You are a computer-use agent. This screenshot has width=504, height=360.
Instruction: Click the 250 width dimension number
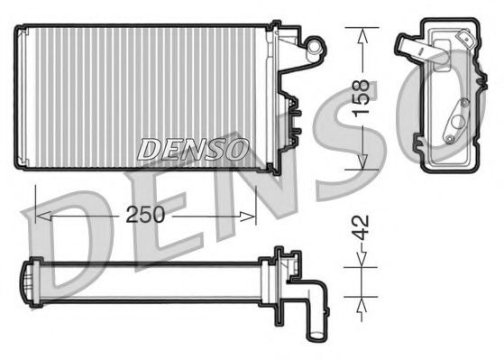coord(145,217)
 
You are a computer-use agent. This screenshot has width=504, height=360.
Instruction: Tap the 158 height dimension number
coord(362,97)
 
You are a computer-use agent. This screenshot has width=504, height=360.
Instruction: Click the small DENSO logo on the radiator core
coord(192,149)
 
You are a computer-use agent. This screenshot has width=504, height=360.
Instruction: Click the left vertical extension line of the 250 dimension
coord(33,203)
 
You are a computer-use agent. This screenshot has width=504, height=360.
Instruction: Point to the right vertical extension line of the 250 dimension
coord(257,203)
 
